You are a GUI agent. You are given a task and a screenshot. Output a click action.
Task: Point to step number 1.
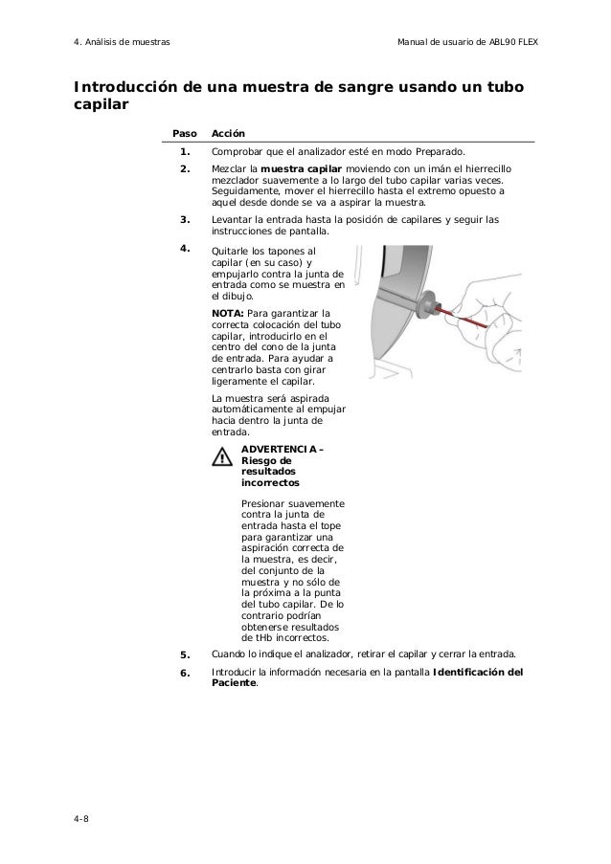point(184,152)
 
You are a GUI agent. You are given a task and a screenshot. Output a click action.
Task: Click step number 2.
point(184,169)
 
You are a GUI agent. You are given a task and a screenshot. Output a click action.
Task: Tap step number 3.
point(184,220)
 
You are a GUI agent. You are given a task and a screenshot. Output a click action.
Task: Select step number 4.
point(184,249)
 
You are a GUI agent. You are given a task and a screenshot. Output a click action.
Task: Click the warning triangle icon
point(223,457)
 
